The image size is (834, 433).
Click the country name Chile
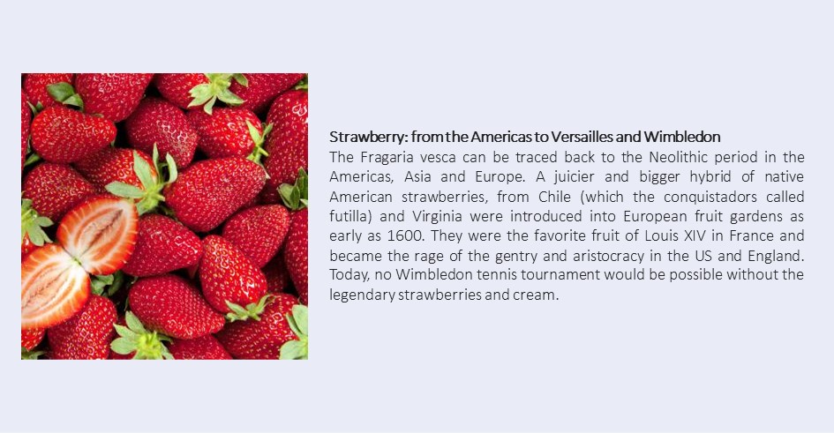tap(554, 197)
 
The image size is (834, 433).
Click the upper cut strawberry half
tap(98, 235)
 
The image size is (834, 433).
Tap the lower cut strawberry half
tap(54, 286)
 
